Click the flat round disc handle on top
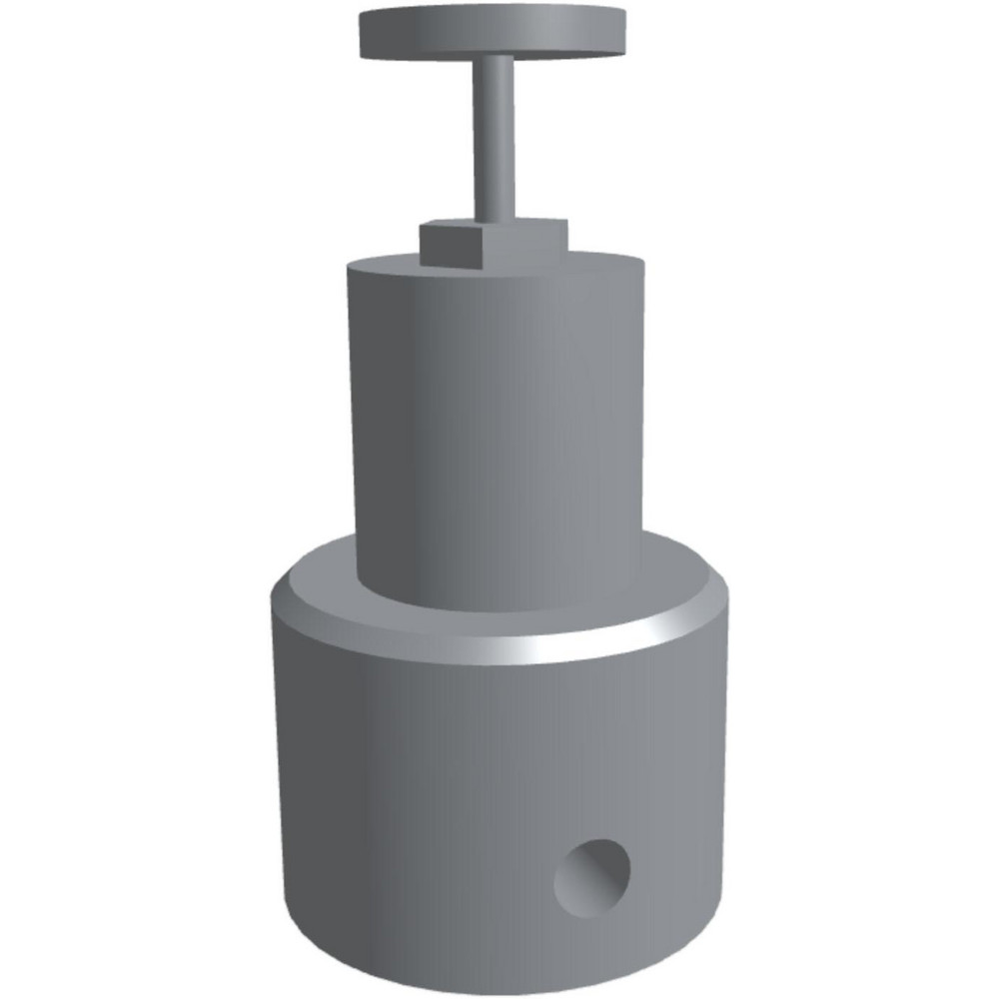coord(492,32)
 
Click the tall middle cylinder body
coord(497,430)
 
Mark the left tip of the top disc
coord(361,32)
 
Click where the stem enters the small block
coord(495,220)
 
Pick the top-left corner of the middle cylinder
coord(349,268)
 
